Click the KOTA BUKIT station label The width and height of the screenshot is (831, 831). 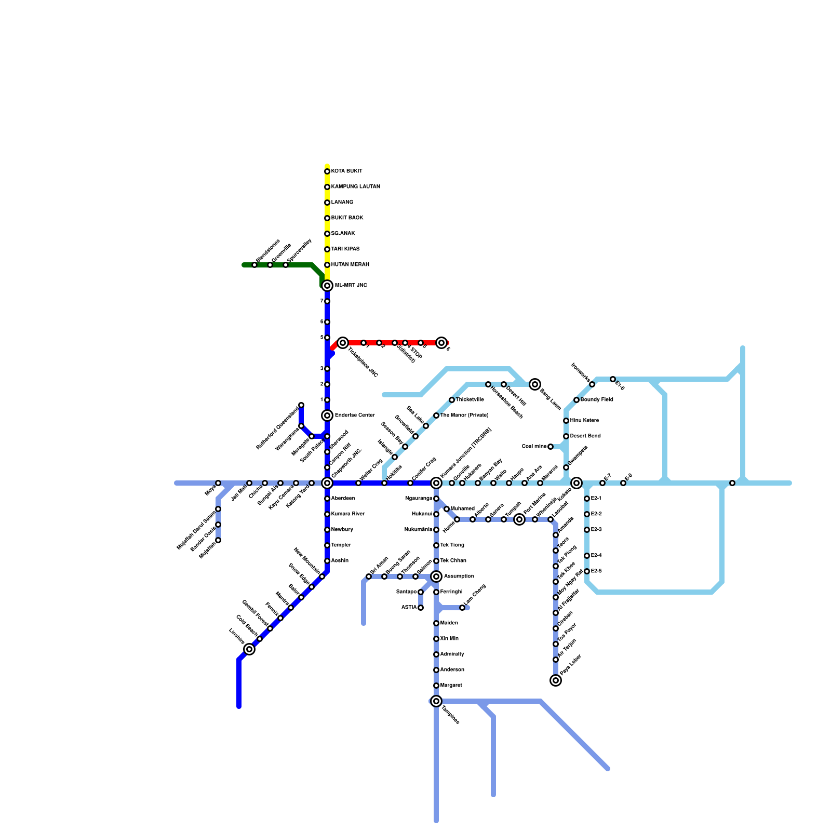pos(346,171)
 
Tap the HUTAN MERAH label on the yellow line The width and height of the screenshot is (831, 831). pos(350,265)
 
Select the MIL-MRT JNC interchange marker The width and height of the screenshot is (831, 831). pos(327,286)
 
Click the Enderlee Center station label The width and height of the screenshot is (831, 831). pos(355,415)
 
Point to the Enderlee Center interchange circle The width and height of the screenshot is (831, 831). pos(327,415)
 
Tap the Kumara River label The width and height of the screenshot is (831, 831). pos(348,514)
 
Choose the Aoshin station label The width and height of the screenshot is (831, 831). pos(340,561)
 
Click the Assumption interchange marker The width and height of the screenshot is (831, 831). pos(436,577)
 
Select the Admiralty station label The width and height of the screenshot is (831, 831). pos(452,654)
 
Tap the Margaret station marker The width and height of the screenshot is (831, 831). pos(436,686)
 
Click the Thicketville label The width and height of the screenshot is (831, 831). pos(470,400)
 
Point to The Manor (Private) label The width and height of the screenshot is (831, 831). pos(464,415)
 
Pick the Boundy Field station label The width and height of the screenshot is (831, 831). pos(597,400)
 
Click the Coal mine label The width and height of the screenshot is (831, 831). pos(534,447)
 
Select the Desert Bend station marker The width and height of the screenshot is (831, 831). pos(566,436)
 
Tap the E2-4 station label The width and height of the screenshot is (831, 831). pos(596,556)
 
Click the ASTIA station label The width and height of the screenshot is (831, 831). pos(409,608)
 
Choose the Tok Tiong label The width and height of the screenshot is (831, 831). pos(452,545)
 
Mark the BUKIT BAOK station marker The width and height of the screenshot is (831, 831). pos(327,218)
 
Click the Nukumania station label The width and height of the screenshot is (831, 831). pos(419,530)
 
